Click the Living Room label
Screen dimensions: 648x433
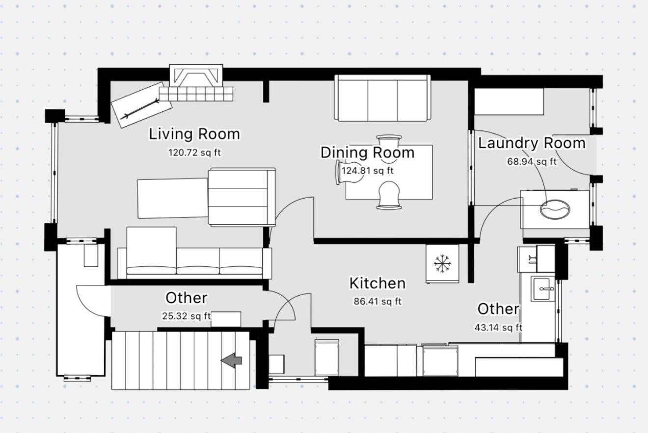click(194, 134)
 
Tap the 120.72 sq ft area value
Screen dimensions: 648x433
click(194, 153)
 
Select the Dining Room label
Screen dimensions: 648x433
click(367, 153)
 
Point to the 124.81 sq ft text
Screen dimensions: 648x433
click(367, 171)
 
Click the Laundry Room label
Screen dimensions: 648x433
click(532, 143)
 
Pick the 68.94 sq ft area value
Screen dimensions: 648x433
click(532, 161)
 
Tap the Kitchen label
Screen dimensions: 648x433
click(378, 283)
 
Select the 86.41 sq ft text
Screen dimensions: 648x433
click(378, 302)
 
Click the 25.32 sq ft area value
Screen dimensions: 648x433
click(187, 316)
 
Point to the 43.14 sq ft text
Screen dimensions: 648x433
click(498, 328)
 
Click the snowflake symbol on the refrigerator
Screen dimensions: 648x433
click(442, 263)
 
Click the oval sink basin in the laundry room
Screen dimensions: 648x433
click(555, 209)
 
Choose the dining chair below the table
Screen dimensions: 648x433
click(389, 195)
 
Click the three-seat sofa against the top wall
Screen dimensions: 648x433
click(382, 98)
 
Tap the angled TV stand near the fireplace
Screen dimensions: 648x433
click(142, 104)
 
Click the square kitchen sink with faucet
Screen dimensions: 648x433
click(543, 289)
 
